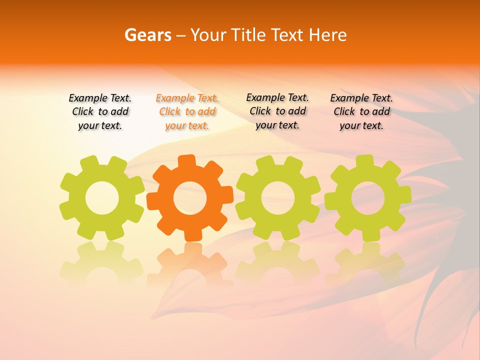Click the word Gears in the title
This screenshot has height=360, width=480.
148,35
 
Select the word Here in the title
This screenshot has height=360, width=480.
327,35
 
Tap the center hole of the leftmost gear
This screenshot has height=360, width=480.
102,198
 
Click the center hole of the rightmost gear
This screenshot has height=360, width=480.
368,198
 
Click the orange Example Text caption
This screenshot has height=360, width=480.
187,112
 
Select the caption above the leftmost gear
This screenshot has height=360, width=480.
100,112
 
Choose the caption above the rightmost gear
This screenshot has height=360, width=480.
361,112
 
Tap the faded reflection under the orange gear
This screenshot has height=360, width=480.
190,262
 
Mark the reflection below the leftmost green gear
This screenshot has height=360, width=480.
102,262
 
